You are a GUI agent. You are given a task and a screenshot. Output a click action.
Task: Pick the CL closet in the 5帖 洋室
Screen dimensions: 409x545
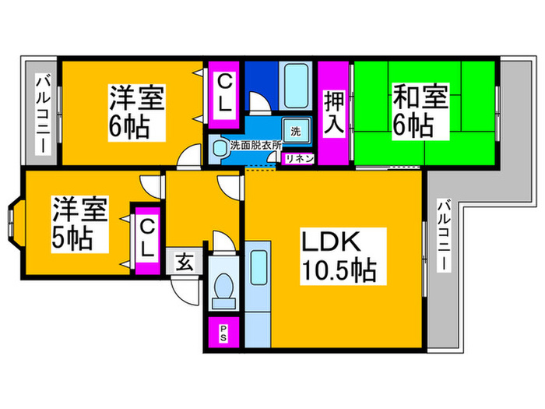[146, 238]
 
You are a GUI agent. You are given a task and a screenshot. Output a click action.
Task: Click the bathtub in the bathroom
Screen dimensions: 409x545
[295, 84]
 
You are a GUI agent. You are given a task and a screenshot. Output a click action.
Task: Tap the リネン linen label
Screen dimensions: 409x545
[298, 158]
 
